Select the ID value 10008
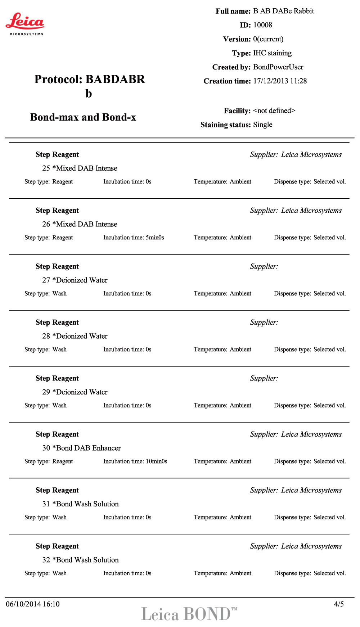point(262,25)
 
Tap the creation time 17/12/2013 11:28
point(280,81)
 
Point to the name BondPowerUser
point(278,67)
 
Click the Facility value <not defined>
point(274,110)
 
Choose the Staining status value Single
point(262,125)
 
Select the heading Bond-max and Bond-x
point(83,117)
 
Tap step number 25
point(46,168)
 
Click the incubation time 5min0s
point(155,238)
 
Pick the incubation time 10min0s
point(156,461)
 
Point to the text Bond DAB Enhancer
point(88,448)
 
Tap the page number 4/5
point(338,604)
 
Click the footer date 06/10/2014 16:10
point(33,604)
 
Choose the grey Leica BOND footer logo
point(189,614)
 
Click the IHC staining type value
point(272,53)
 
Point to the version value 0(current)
point(268,39)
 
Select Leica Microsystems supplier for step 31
point(311,490)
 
